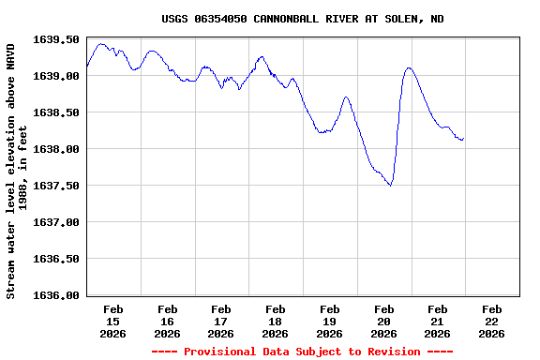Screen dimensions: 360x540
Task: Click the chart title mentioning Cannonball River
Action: coord(303,19)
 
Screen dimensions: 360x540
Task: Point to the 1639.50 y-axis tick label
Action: coord(56,39)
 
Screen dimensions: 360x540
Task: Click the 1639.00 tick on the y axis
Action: coord(56,76)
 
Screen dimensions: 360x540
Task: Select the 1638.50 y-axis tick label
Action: coord(56,112)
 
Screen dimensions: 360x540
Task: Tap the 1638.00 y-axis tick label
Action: coord(56,149)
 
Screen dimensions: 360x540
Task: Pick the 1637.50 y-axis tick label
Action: coord(56,186)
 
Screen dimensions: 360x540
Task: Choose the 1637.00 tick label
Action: coord(56,222)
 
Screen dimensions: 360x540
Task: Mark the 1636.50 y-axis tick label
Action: coord(56,259)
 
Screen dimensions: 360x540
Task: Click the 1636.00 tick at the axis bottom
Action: coord(56,295)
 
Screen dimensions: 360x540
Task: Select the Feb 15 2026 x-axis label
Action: coord(113,321)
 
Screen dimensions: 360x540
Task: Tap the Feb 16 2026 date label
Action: coord(168,321)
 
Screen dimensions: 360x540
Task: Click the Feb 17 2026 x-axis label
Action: coord(221,321)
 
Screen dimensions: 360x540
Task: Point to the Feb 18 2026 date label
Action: coord(276,321)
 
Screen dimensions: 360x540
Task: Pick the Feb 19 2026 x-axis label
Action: coord(329,321)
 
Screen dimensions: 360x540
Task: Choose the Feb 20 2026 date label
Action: coord(383,321)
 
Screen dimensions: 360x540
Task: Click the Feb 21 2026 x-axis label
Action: coord(437,321)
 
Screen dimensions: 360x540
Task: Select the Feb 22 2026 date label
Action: coord(491,321)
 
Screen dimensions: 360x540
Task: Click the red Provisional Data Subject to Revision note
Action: coord(303,352)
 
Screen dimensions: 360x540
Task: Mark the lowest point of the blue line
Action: coord(390,186)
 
